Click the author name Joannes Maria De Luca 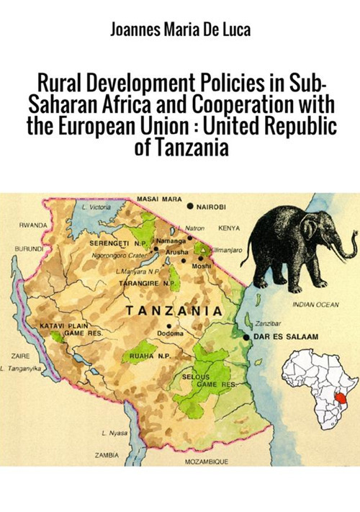click(179, 30)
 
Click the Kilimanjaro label click(227, 248)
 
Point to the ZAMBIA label click(107, 455)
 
